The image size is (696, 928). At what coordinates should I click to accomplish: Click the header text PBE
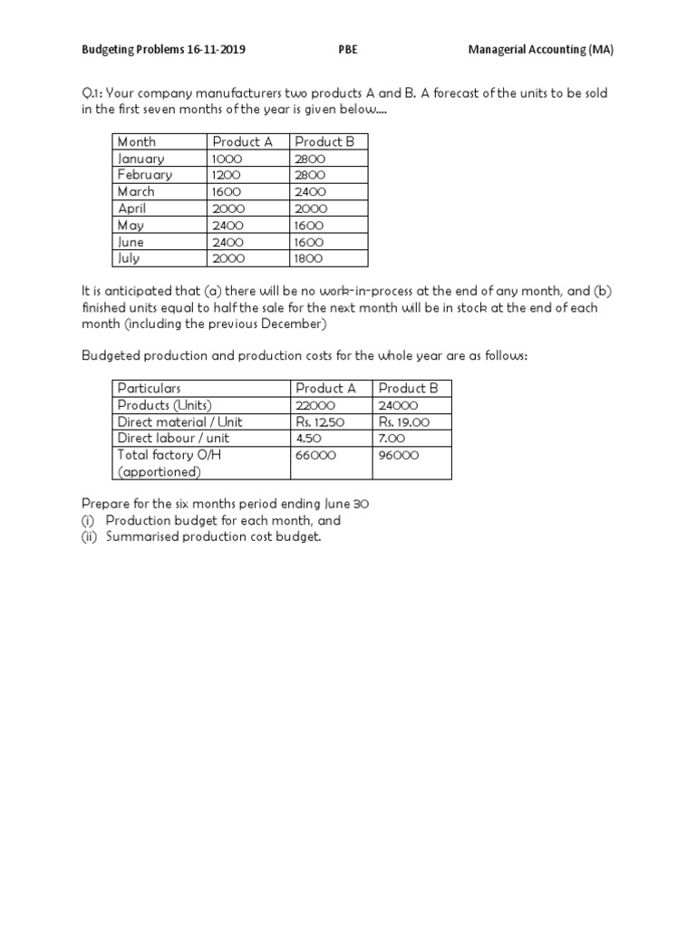347,50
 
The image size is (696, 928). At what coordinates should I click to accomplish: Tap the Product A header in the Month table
242,141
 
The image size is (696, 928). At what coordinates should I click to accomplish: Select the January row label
141,159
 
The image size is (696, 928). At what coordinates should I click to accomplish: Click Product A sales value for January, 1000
227,159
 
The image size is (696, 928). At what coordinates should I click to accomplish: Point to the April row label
132,208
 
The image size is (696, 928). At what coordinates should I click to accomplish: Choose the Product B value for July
309,258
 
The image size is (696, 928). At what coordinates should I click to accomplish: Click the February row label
145,175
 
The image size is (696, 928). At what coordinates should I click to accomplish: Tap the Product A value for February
227,175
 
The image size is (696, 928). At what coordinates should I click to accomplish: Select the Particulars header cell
149,388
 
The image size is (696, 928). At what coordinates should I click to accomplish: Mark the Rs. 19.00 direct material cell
404,421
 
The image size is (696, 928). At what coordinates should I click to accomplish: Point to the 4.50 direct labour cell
309,439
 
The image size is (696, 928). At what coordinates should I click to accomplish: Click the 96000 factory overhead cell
399,455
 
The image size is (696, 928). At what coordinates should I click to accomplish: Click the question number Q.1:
95,94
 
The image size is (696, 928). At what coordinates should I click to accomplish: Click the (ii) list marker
90,537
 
